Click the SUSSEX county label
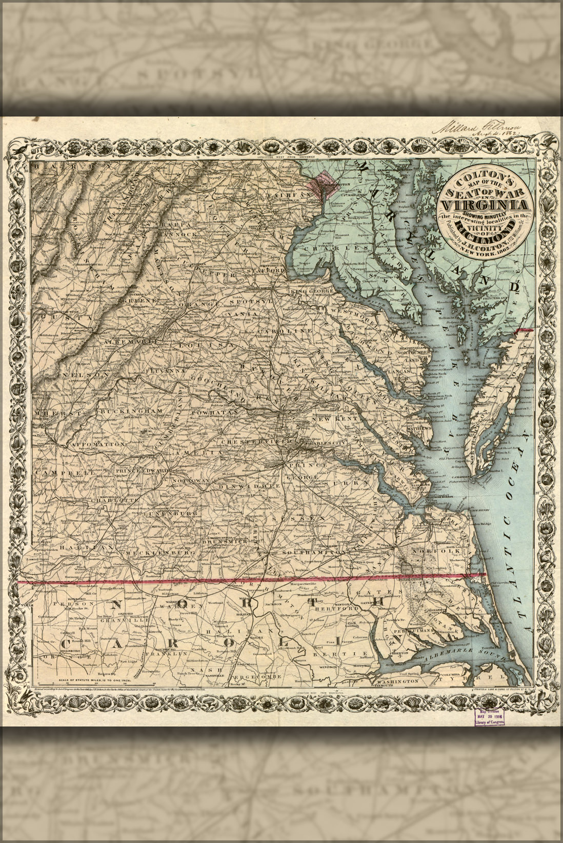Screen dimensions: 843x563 (299, 519)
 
